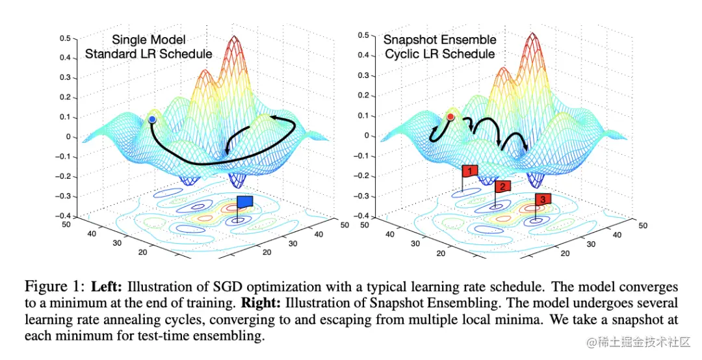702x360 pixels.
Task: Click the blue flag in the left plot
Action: click(244, 203)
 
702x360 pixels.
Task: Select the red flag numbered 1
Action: click(469, 171)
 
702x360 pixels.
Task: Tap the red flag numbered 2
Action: click(502, 186)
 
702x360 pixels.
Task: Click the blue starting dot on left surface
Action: click(152, 120)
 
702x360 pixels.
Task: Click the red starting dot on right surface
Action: click(450, 116)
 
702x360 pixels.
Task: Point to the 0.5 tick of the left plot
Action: click(65, 38)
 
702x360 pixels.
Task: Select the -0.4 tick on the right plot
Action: click(365, 216)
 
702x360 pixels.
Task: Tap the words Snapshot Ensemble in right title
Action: click(439, 40)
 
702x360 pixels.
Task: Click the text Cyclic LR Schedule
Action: click(439, 54)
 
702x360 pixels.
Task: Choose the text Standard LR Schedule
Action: click(149, 54)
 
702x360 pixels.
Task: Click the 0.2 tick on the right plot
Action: click(367, 96)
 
